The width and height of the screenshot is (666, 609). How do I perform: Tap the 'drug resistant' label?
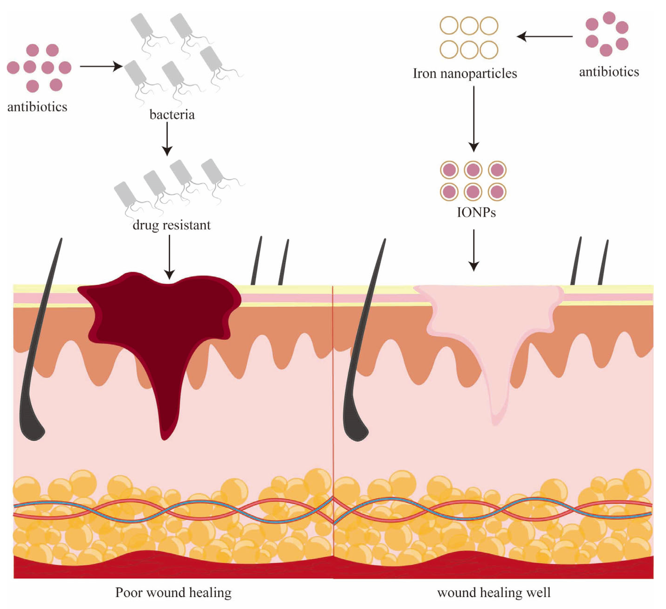[x=172, y=225]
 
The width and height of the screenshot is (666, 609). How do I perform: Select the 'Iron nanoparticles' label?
[x=465, y=73]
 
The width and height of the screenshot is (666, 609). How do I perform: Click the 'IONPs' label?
[x=476, y=212]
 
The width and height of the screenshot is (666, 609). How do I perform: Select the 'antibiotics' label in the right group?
[x=609, y=71]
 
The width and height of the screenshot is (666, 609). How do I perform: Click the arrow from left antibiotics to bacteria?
[x=101, y=66]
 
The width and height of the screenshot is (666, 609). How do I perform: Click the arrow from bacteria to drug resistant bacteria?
[x=167, y=139]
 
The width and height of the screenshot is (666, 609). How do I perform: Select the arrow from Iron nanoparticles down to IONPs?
[x=474, y=119]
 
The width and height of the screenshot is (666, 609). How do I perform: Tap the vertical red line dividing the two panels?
[x=333, y=396]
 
